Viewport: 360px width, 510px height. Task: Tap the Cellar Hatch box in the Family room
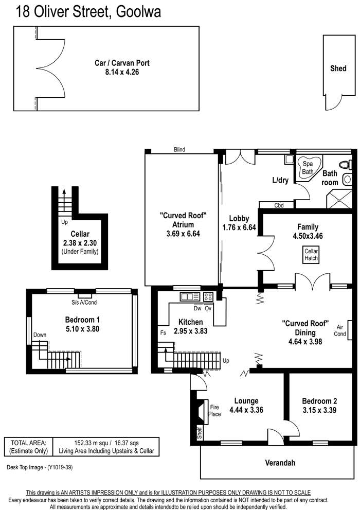(311, 255)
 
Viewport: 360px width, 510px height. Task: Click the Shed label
(338, 68)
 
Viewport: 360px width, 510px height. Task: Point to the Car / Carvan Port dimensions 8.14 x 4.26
(122, 72)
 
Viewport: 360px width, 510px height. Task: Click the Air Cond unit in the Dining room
(350, 330)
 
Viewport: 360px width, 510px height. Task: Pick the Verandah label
(280, 463)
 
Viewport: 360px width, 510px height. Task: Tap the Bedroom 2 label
(319, 401)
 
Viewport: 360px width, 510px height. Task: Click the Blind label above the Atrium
(179, 149)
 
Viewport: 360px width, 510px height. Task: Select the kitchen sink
(190, 296)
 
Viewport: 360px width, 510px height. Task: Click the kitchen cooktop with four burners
(208, 296)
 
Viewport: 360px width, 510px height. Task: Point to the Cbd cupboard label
(279, 205)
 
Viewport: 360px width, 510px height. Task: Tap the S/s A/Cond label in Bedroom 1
(84, 302)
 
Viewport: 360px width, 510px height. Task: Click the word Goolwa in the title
(138, 12)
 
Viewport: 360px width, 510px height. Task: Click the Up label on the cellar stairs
(64, 222)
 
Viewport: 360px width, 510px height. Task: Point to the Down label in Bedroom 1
(40, 335)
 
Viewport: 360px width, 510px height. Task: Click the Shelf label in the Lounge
(200, 433)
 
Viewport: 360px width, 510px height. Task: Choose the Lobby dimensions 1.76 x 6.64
(239, 227)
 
